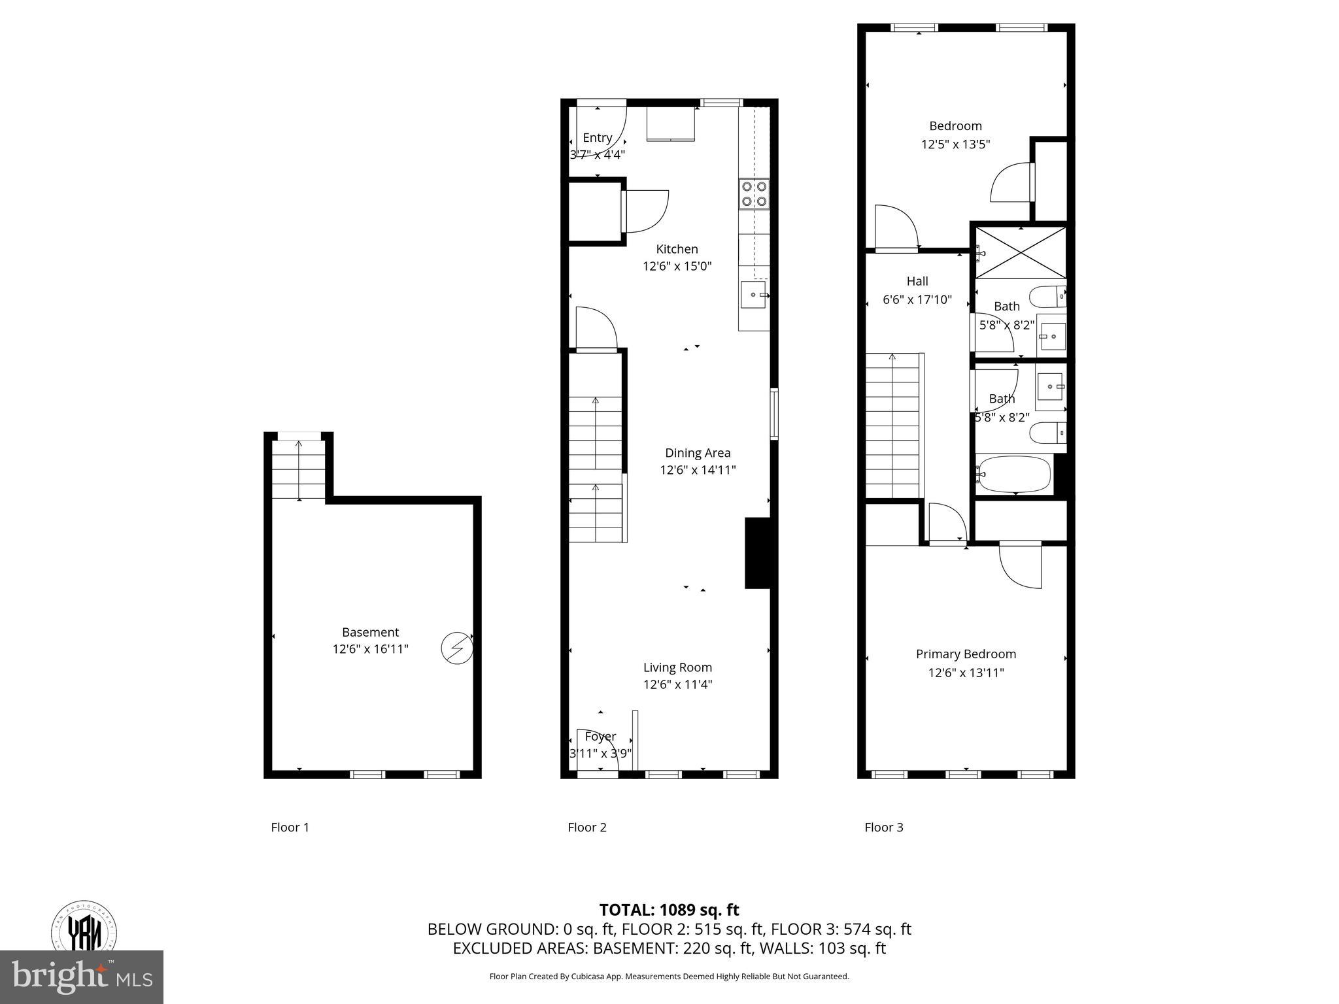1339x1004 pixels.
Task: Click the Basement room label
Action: [x=370, y=632]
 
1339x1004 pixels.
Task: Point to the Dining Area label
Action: [x=698, y=453]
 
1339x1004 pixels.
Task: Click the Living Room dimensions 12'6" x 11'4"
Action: [x=677, y=684]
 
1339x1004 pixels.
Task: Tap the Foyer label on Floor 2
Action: [x=600, y=737]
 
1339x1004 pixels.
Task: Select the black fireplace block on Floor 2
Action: [x=758, y=553]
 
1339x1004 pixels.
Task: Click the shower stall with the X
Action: [x=1020, y=252]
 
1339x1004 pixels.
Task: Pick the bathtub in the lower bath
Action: [x=1013, y=473]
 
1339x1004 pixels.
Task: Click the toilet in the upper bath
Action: [x=1047, y=297]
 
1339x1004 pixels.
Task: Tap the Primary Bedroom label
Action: [x=966, y=654]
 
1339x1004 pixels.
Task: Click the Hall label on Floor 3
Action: [x=917, y=281]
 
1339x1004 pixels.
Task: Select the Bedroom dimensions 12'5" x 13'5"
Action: [x=955, y=144]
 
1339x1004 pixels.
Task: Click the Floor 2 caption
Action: [x=586, y=828]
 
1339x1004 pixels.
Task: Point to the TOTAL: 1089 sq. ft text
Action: [x=669, y=910]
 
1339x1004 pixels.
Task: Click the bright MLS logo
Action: [x=82, y=977]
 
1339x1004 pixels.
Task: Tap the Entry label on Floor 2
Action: [x=597, y=138]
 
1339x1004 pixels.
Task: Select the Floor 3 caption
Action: [x=883, y=828]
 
